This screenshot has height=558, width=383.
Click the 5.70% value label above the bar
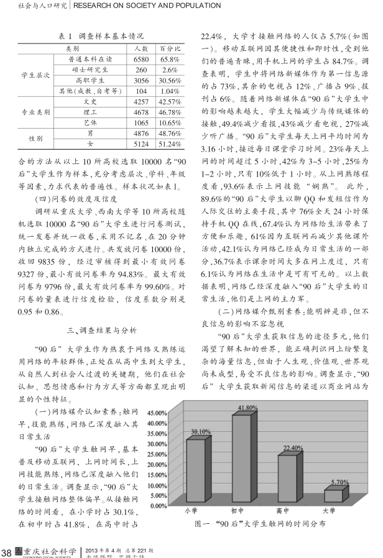[x=339, y=482]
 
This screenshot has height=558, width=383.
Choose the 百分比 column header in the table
[x=170, y=48]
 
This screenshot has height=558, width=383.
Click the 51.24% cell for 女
[x=170, y=144]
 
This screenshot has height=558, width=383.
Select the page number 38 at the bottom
[x=7, y=551]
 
